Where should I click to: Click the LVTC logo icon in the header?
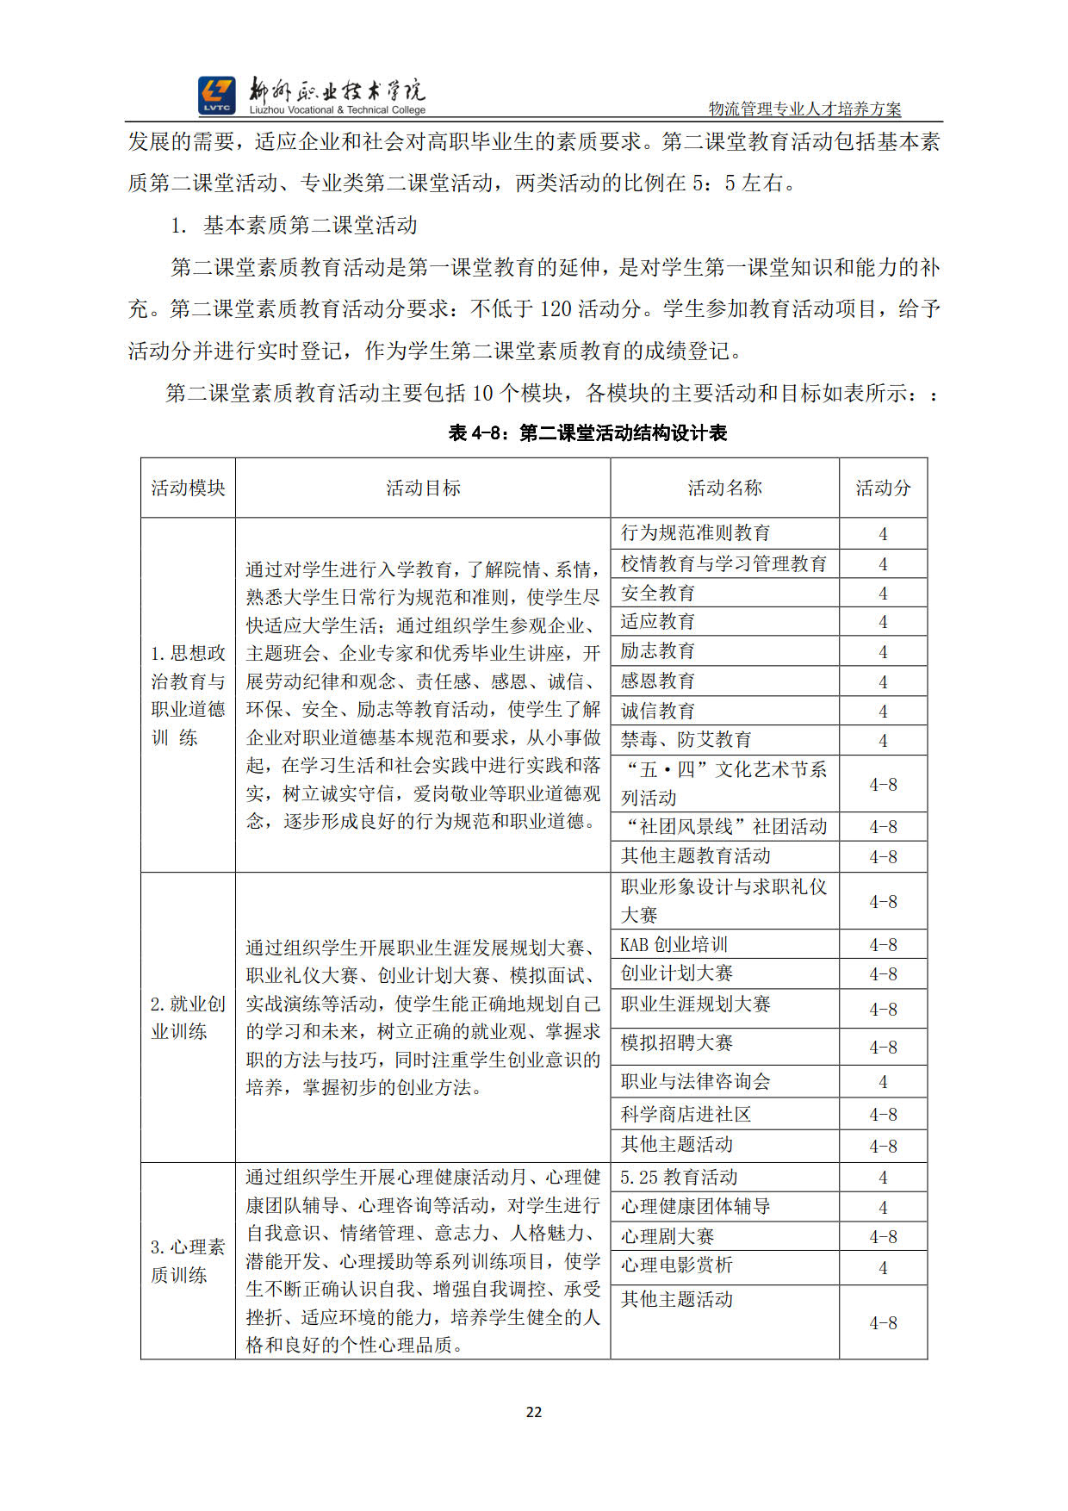pos(216,95)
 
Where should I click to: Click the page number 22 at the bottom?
pos(534,1412)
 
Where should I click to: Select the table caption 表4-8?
pos(587,432)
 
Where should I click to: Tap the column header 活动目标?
pos(423,488)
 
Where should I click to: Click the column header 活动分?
pos(883,488)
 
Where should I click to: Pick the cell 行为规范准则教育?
pos(696,533)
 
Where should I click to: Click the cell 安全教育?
pos(658,593)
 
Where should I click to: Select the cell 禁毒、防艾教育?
pos(686,739)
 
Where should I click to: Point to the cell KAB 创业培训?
pos(674,944)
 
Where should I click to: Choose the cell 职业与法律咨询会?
pos(696,1081)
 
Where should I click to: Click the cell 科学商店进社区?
pos(686,1114)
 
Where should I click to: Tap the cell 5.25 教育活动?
pos(680,1177)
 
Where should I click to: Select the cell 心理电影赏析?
pos(677,1265)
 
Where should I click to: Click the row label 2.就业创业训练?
pos(188,1017)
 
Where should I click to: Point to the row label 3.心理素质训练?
pos(188,1260)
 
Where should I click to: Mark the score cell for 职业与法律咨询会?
pos(883,1082)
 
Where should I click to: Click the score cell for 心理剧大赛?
pos(883,1237)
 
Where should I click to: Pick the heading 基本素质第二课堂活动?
pos(310,226)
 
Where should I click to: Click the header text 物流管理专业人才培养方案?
pos(804,109)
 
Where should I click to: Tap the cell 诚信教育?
pos(658,711)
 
